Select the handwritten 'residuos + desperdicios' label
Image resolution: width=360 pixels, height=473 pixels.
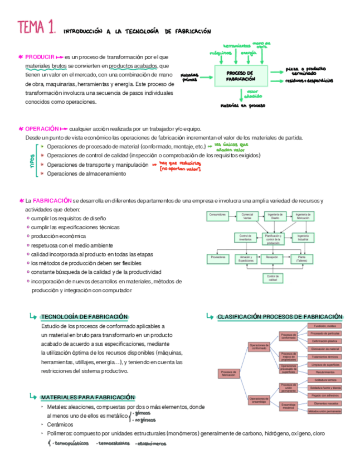coord(309,80)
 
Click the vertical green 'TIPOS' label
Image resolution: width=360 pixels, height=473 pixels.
coord(32,161)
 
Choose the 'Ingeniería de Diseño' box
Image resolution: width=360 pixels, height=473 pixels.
coord(275,216)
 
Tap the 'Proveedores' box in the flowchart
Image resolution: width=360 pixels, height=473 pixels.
coord(217,258)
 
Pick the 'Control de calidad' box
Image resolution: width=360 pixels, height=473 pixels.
coord(272,278)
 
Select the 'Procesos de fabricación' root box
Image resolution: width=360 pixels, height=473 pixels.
coord(228,373)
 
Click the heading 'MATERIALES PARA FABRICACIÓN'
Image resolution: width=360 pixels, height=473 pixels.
coord(87,397)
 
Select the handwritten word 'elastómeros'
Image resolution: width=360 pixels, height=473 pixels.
coord(150,444)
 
